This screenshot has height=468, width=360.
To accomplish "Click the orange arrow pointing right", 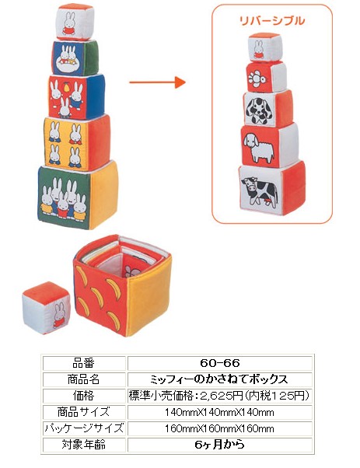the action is click(x=157, y=82).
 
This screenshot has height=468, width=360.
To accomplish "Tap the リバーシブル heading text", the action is click(x=272, y=20).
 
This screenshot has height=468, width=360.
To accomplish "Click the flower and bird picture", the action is click(x=258, y=78).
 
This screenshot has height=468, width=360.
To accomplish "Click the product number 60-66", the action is click(x=220, y=363).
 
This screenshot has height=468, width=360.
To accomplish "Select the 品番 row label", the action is click(x=84, y=363).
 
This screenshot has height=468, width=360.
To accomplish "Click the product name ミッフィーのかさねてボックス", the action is click(x=220, y=379).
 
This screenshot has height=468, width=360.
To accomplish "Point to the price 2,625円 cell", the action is click(x=220, y=396).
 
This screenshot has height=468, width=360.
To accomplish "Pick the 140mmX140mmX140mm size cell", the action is click(x=220, y=412).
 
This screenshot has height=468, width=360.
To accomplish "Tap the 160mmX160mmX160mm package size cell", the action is click(x=220, y=428).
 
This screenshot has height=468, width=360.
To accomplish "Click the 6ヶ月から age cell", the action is click(x=220, y=445).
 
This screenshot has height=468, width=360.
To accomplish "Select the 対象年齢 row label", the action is click(x=84, y=445).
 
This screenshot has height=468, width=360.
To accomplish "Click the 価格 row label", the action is click(x=84, y=396).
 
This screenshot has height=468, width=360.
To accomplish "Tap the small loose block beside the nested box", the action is click(x=46, y=308).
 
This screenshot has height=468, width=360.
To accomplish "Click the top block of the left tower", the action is click(x=75, y=22).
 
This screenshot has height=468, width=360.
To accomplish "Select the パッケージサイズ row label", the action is click(x=84, y=428).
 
